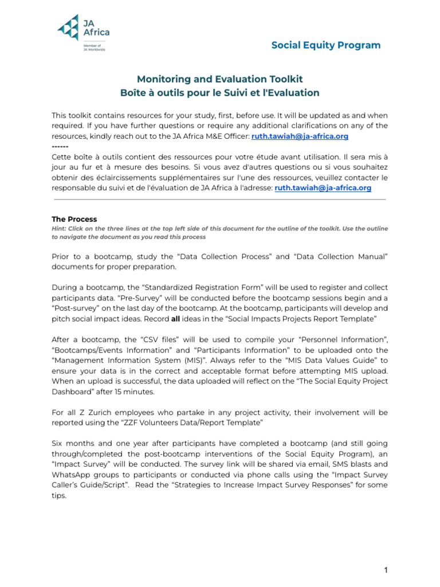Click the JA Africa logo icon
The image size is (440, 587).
(69, 28)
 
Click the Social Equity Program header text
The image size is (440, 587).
(325, 45)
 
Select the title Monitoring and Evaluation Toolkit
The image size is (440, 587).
(219, 79)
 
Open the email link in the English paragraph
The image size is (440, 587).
(300, 136)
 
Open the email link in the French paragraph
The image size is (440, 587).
(323, 187)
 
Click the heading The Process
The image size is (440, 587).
(74, 219)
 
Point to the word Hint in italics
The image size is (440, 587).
(58, 228)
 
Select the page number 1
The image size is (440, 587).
(386, 570)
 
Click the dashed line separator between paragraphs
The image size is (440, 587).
(60, 147)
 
